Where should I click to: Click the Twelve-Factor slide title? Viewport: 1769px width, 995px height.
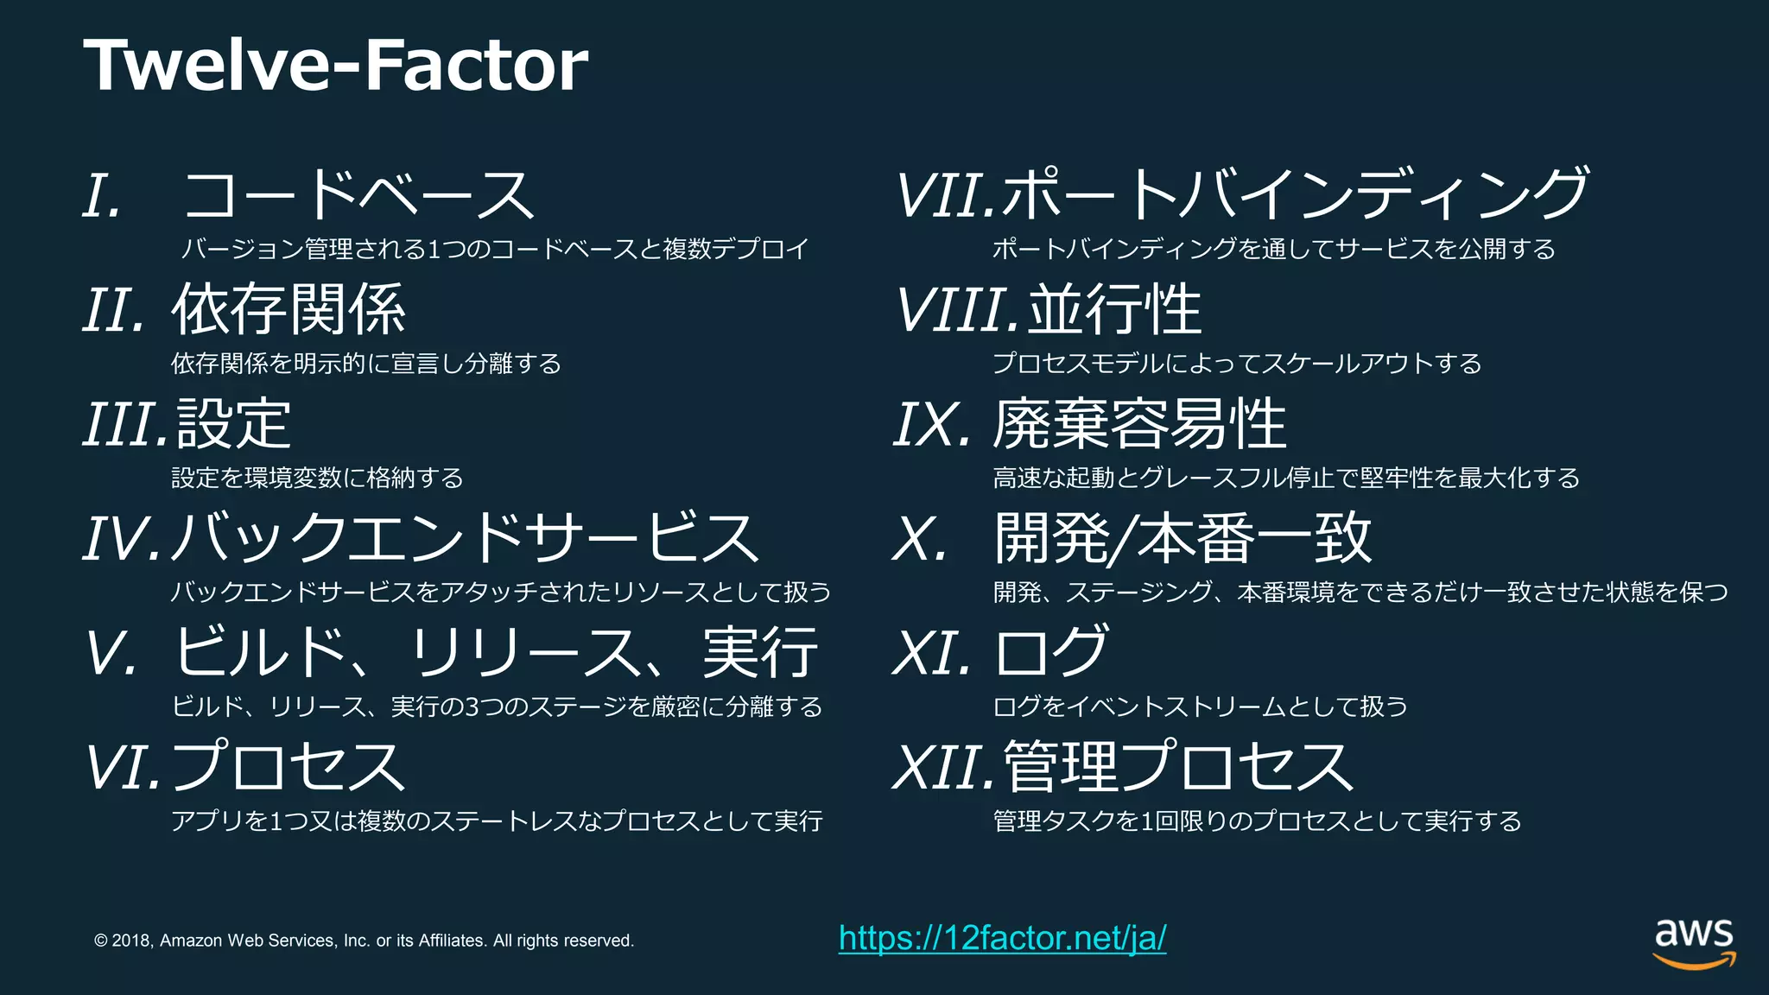click(x=335, y=66)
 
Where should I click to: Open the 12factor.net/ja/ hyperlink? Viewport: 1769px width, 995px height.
click(x=1002, y=938)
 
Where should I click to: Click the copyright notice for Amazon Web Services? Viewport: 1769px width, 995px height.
click(x=364, y=941)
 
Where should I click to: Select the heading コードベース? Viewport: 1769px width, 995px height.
click(x=358, y=195)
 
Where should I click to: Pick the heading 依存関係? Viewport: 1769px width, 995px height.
click(x=288, y=309)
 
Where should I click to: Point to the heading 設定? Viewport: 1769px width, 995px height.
click(x=233, y=424)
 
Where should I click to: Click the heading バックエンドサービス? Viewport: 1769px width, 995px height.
click(x=465, y=538)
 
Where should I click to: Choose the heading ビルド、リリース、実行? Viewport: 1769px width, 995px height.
click(x=496, y=653)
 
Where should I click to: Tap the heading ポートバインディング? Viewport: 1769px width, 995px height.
click(x=1296, y=195)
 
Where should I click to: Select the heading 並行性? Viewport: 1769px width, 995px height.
click(x=1114, y=309)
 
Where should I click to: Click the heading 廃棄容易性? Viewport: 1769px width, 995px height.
click(x=1139, y=424)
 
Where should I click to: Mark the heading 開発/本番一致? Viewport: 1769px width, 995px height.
click(x=1183, y=538)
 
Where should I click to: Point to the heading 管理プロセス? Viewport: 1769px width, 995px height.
click(x=1178, y=767)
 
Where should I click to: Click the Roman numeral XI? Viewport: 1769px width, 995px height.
click(x=931, y=654)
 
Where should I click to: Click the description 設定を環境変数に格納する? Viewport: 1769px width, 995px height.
click(x=317, y=478)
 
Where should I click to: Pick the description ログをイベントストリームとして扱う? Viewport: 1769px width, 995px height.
click(x=1200, y=707)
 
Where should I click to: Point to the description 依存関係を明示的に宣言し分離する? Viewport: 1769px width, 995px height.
click(x=366, y=364)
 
